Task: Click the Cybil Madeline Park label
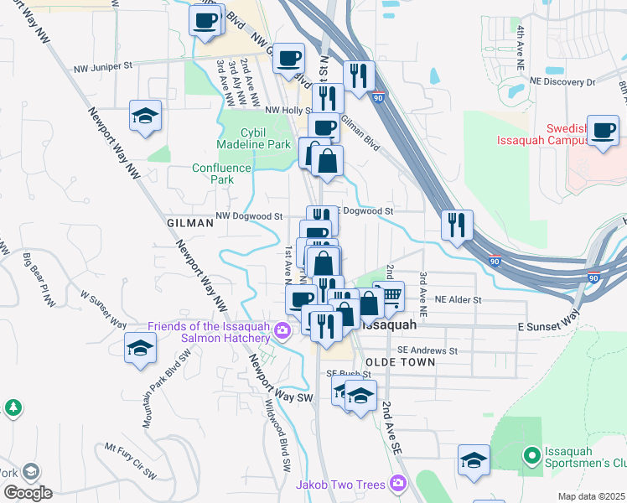pos(247,137)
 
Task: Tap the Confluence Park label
pos(221,174)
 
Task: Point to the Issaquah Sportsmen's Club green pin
pos(530,456)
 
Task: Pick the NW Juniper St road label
pos(103,66)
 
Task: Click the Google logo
pos(27,493)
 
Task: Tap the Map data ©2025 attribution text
pos(591,496)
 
